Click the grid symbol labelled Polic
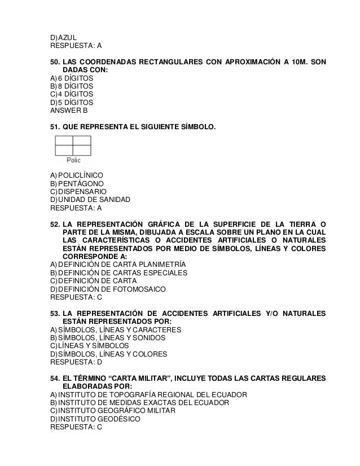click(x=73, y=146)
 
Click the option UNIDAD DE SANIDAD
click(x=94, y=200)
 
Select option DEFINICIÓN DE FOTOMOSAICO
click(x=112, y=288)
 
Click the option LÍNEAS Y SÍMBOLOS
click(x=94, y=345)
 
